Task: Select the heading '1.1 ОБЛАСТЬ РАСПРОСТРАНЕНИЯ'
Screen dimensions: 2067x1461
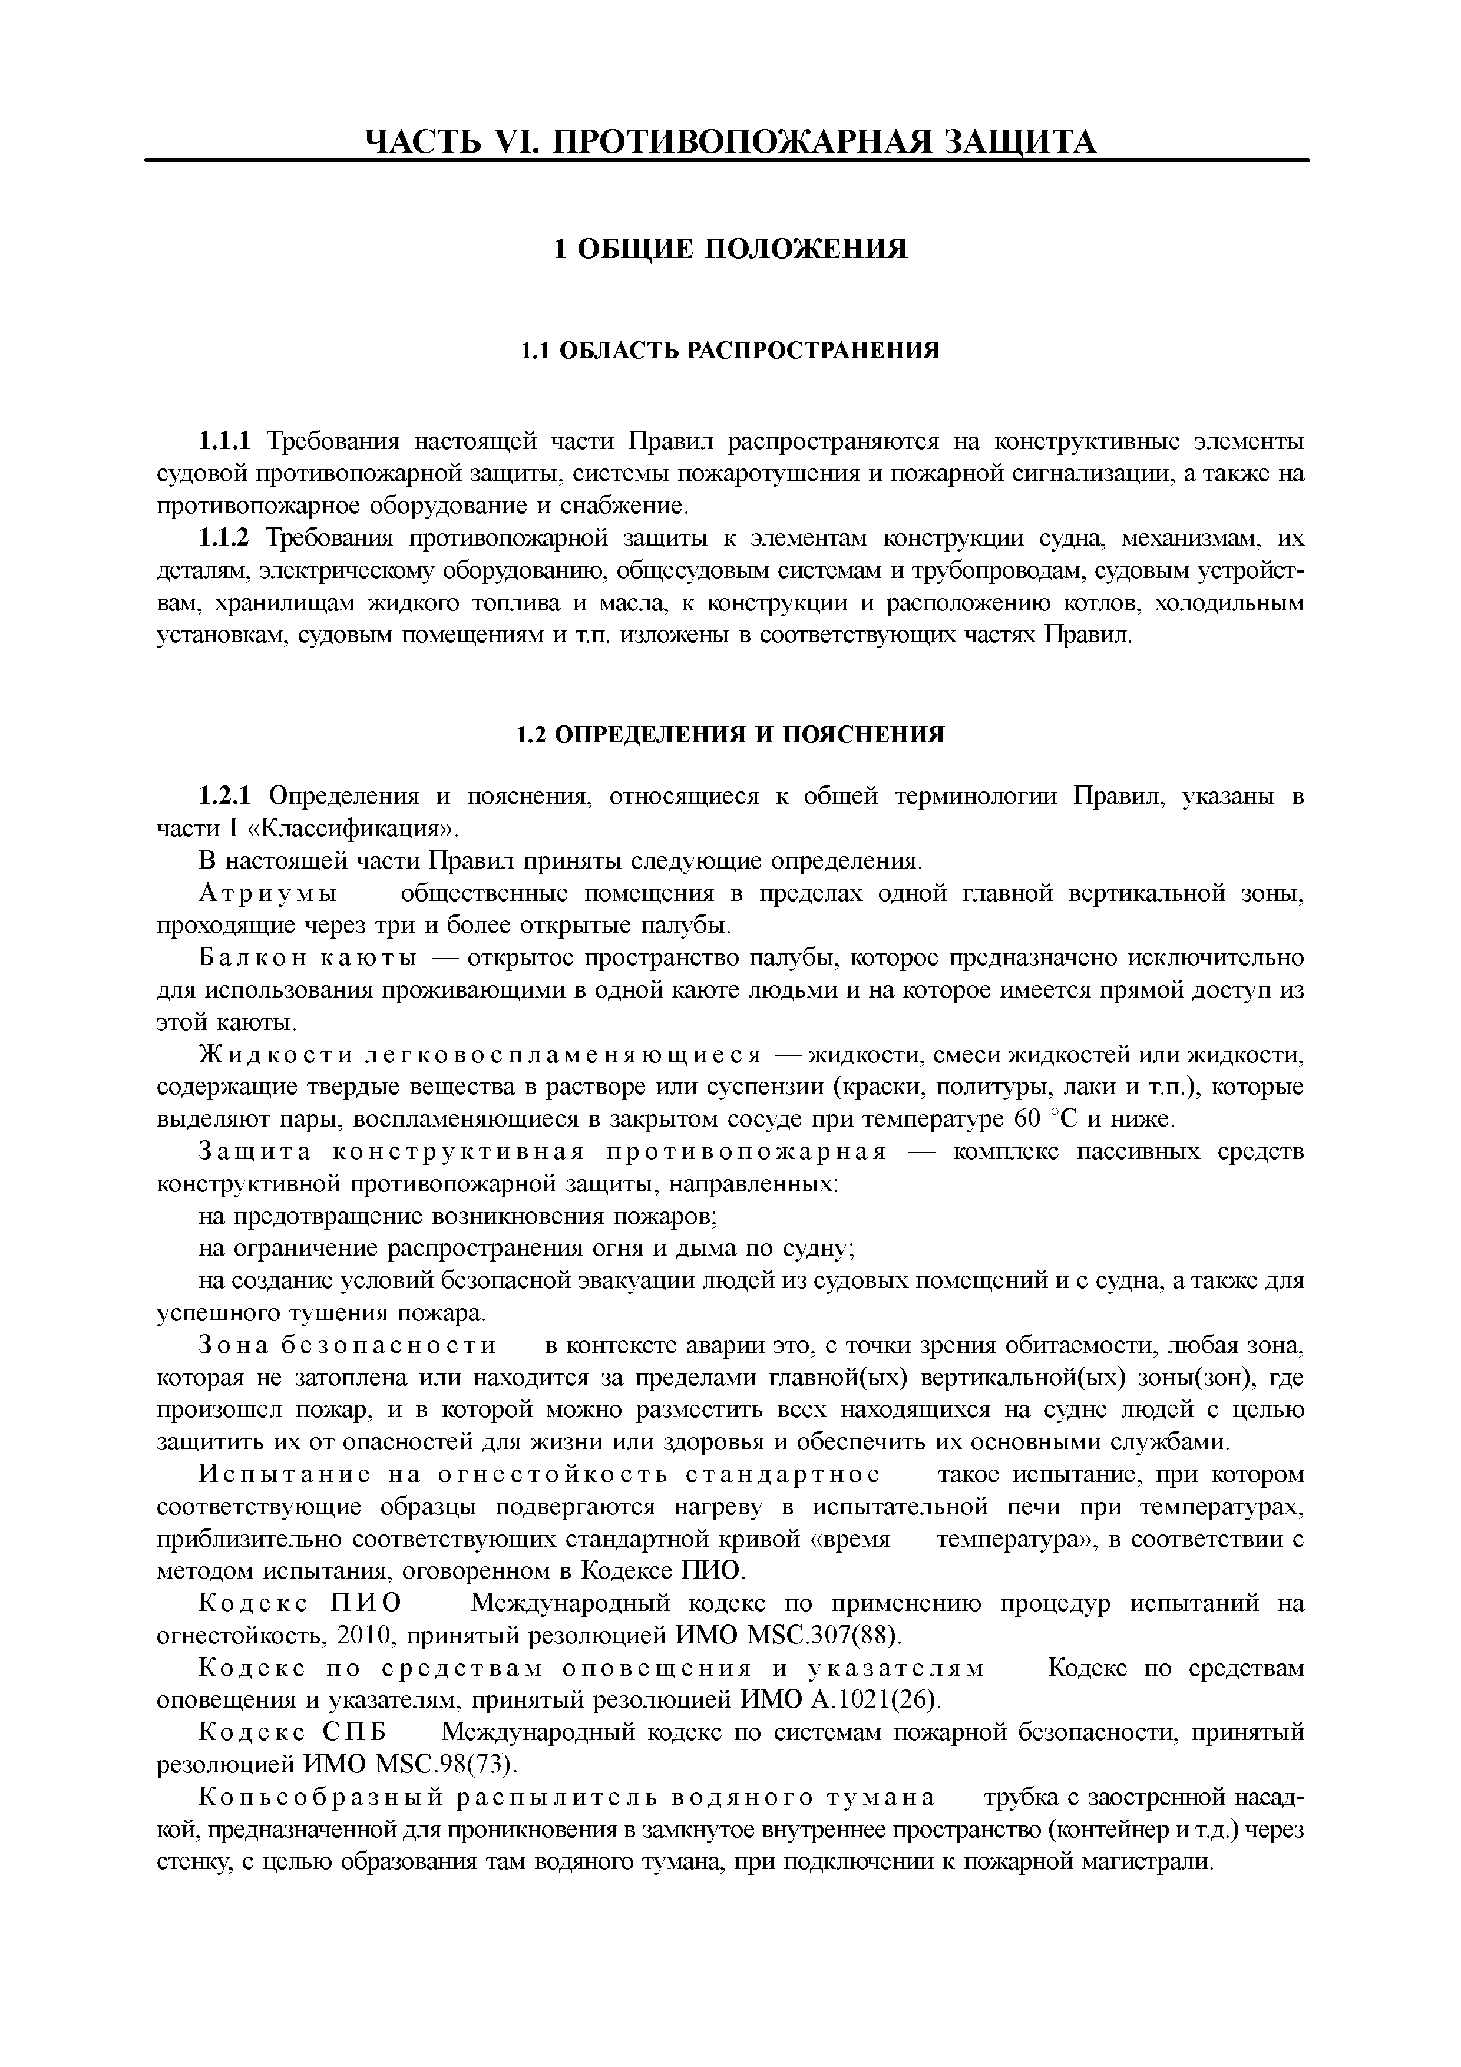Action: (730, 349)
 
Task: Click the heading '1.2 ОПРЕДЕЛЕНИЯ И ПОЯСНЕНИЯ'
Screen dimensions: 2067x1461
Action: (730, 735)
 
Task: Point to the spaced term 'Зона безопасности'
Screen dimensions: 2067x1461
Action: (346, 1346)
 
